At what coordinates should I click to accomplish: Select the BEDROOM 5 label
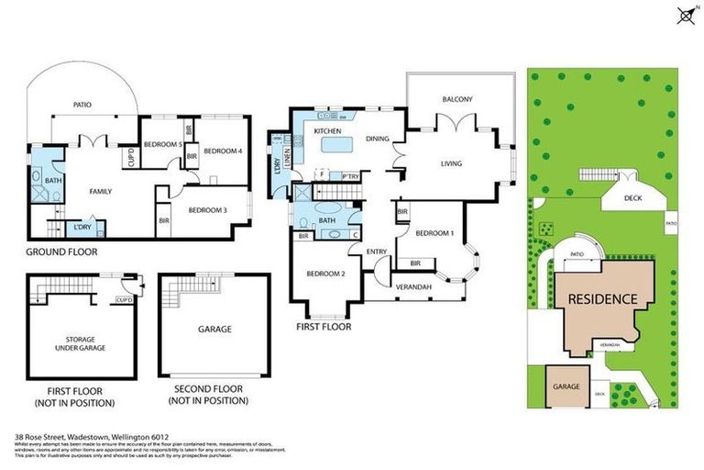(163, 145)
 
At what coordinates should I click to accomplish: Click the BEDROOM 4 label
(222, 151)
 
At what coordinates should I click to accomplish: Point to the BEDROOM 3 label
(207, 210)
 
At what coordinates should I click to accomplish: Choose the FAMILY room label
(100, 192)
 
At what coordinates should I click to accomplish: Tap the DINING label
(378, 140)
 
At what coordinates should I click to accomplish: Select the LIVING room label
(451, 164)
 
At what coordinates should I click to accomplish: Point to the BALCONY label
(457, 99)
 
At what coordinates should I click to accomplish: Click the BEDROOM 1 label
(434, 233)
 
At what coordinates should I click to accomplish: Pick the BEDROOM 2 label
(324, 274)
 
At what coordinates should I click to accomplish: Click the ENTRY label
(377, 251)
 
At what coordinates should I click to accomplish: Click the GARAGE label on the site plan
(566, 386)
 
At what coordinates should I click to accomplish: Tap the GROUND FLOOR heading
(61, 252)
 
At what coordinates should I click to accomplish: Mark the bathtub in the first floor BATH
(326, 221)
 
